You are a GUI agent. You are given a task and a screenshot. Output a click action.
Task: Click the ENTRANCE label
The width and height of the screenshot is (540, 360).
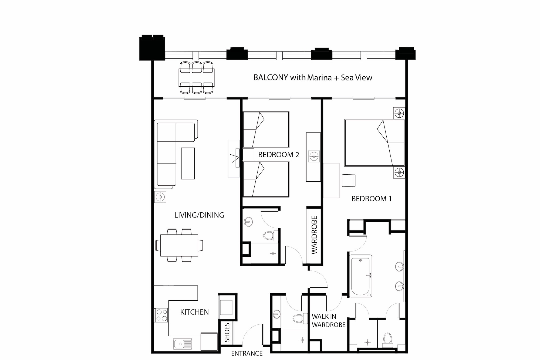pos(247,354)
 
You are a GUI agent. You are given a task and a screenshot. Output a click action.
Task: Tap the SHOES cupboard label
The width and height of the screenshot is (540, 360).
pos(227,332)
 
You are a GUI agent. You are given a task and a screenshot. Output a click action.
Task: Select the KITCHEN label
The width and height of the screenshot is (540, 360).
pos(194,312)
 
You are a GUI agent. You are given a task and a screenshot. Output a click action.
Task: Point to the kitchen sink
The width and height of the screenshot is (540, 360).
pos(183,344)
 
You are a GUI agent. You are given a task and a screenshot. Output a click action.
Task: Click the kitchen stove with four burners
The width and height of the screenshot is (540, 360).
pos(161,315)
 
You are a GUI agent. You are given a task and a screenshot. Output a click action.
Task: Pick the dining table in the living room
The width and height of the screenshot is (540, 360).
pos(179,245)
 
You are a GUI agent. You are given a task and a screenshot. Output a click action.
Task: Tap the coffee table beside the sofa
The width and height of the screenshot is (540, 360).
pos(188,163)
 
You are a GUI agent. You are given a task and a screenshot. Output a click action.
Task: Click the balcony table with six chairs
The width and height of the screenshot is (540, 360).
pos(197,77)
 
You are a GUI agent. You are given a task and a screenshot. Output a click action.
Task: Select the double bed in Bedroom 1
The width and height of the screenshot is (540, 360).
pos(374,143)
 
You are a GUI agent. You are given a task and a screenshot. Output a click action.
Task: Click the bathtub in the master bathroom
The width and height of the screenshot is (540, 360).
pos(360,276)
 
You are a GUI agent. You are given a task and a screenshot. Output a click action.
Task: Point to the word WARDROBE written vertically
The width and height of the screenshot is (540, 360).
pos(314,235)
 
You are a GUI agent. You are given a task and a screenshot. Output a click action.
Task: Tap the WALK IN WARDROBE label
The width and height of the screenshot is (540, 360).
pos(329,321)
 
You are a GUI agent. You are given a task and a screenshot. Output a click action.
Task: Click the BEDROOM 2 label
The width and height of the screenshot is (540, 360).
pos(279,155)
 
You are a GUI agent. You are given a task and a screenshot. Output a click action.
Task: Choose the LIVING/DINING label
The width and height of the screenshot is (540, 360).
pos(199,215)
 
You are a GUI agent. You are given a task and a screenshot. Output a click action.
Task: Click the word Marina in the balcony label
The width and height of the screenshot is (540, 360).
pos(319,78)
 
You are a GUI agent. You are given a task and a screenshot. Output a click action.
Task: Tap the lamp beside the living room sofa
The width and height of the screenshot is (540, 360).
pos(160,197)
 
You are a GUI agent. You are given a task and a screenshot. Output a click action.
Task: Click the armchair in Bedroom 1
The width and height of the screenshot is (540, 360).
pos(349,180)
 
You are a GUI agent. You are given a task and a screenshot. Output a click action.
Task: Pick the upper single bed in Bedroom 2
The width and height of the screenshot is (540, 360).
pos(266,129)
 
